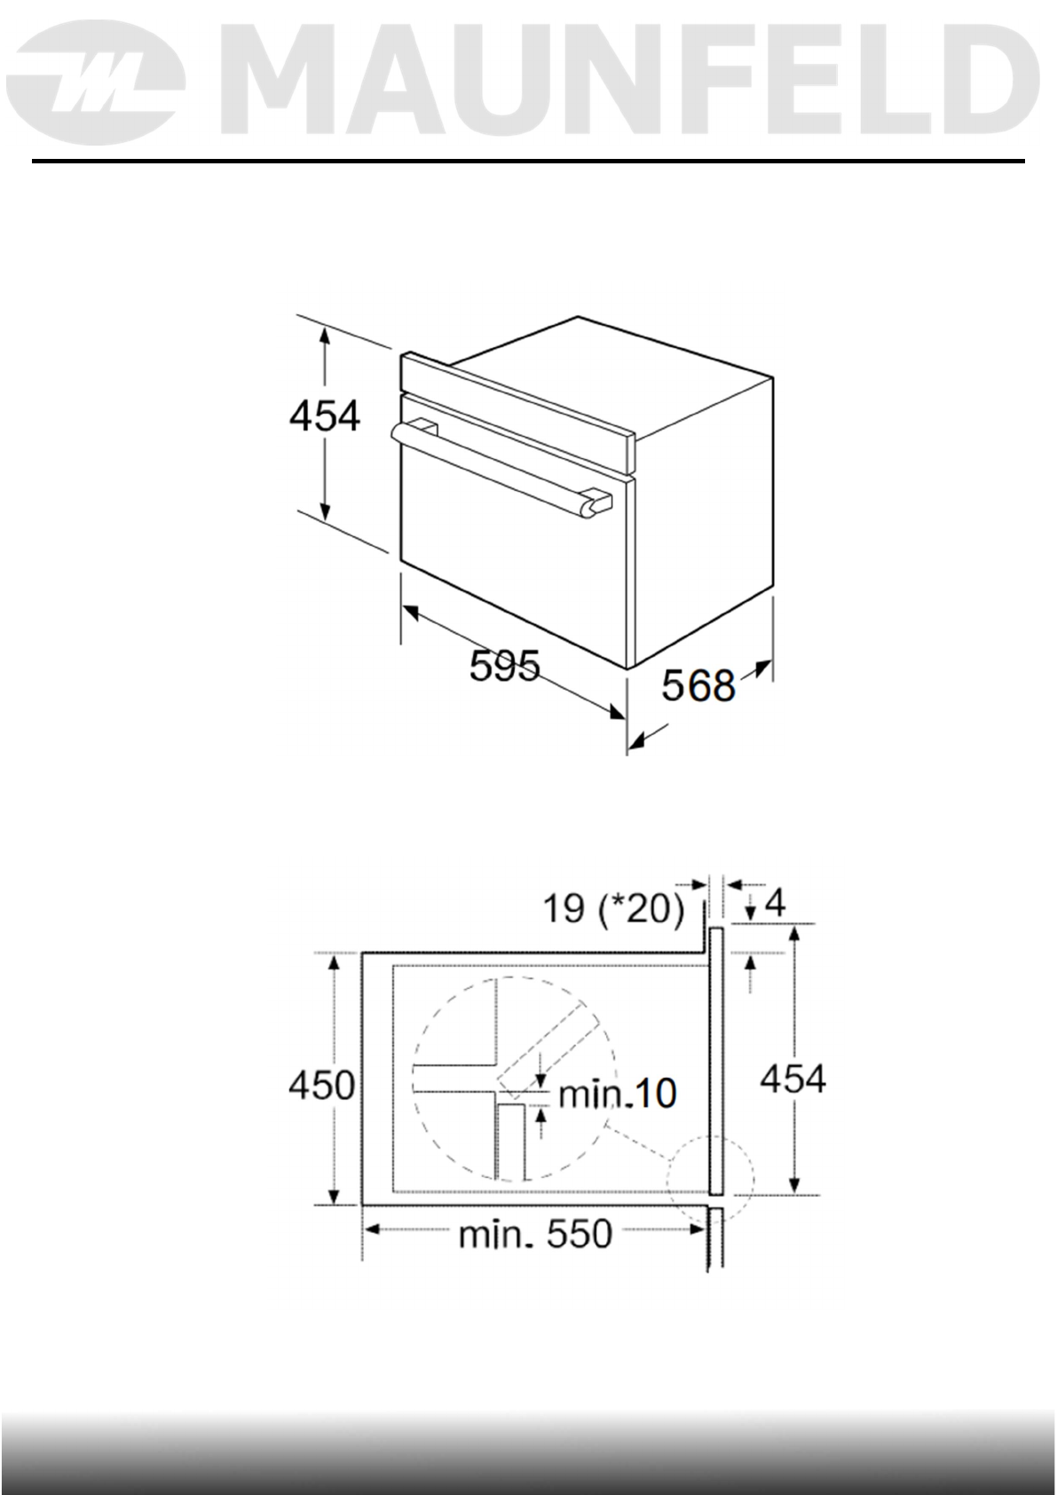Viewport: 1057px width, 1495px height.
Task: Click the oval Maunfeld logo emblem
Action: pyautogui.click(x=99, y=82)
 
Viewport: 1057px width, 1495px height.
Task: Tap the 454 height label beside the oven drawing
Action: pyautogui.click(x=324, y=415)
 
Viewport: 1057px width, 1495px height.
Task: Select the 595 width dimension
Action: pyautogui.click(x=504, y=665)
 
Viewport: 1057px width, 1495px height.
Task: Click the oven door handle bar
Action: pyautogui.click(x=501, y=467)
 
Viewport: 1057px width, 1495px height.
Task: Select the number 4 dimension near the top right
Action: pyautogui.click(x=775, y=902)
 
